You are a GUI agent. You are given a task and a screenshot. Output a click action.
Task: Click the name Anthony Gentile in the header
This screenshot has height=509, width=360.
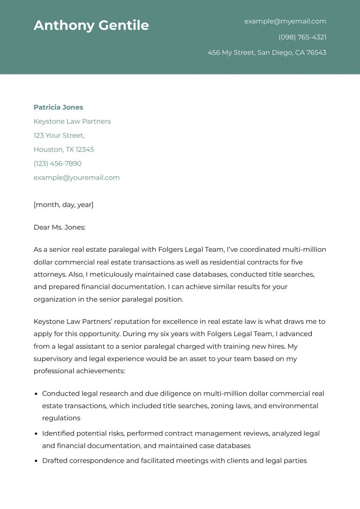pyautogui.click(x=91, y=25)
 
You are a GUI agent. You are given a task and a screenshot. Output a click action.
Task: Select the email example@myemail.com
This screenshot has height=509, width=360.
pyautogui.click(x=285, y=21)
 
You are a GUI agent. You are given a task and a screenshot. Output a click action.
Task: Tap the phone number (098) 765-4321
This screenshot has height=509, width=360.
pyautogui.click(x=302, y=37)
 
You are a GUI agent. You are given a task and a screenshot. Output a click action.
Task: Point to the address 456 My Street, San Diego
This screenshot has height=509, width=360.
pyautogui.click(x=267, y=52)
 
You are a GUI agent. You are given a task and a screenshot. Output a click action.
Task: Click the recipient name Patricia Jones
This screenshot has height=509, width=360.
pyautogui.click(x=58, y=107)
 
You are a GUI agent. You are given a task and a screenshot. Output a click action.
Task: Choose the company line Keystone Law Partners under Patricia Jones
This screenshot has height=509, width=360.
pyautogui.click(x=72, y=121)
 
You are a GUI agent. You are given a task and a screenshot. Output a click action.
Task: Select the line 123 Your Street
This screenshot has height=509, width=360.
pyautogui.click(x=59, y=135)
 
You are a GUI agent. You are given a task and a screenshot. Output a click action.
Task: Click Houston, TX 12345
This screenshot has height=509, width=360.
pyautogui.click(x=64, y=150)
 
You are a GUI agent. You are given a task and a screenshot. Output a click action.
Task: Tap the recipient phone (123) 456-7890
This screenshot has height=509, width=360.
pyautogui.click(x=57, y=164)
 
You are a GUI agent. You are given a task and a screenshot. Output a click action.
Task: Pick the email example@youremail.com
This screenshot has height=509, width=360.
pyautogui.click(x=76, y=178)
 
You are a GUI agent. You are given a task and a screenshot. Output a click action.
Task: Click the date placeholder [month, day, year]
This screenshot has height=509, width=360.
pyautogui.click(x=63, y=205)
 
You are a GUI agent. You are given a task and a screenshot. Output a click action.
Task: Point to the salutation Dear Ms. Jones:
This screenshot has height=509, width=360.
pyautogui.click(x=60, y=227)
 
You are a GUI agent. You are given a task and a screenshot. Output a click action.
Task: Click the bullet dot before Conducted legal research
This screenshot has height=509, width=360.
pyautogui.click(x=36, y=394)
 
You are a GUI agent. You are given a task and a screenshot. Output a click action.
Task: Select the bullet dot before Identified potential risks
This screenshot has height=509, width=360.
pyautogui.click(x=36, y=434)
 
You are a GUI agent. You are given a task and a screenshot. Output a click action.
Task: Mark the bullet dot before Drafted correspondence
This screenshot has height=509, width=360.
pyautogui.click(x=36, y=461)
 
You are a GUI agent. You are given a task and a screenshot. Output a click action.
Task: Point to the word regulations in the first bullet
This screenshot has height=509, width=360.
pyautogui.click(x=61, y=418)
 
